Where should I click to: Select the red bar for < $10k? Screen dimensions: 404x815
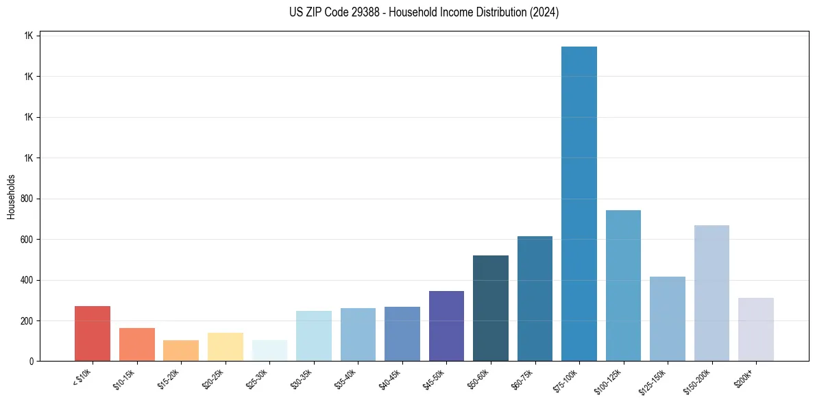[93, 333]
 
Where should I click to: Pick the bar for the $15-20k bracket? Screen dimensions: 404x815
[181, 351]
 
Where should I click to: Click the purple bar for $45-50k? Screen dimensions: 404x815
[446, 326]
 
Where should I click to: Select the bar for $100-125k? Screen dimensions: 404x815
[623, 286]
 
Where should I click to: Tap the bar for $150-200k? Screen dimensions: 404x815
[711, 293]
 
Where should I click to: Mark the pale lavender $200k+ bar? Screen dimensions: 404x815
[756, 329]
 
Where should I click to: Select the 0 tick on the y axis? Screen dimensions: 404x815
[32, 362]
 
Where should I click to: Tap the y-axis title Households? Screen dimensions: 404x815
[11, 197]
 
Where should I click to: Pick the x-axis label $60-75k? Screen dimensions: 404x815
[523, 379]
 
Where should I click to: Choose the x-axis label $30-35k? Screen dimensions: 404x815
[302, 379]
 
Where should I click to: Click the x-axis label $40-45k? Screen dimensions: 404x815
[390, 379]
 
